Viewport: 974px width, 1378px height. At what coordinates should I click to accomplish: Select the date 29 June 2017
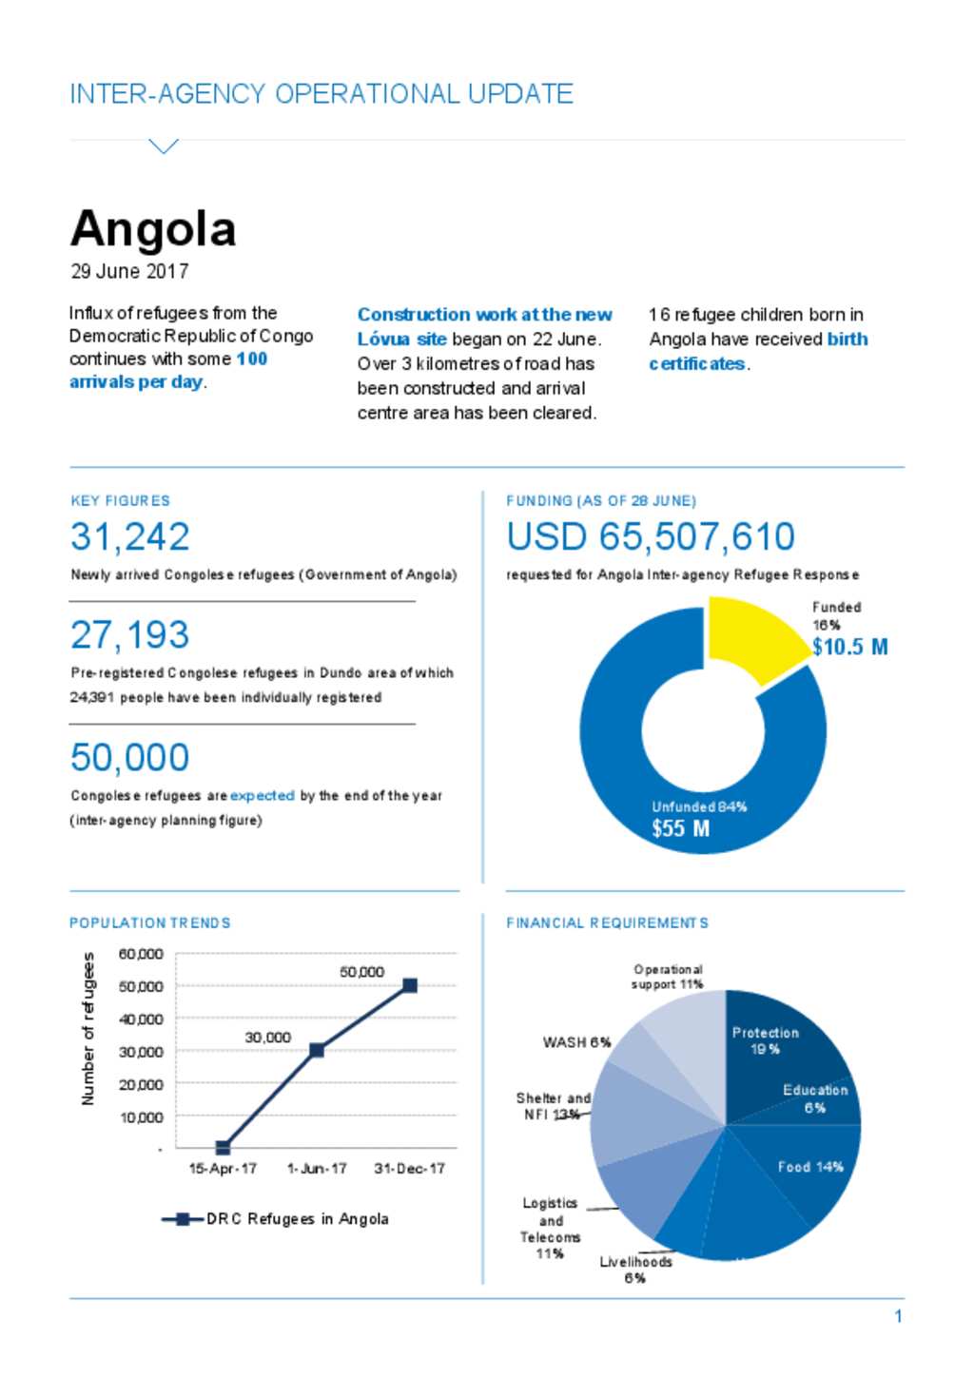pos(129,271)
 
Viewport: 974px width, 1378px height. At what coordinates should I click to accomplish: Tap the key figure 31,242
pos(129,536)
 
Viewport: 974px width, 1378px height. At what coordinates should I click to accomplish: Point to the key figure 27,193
pos(129,634)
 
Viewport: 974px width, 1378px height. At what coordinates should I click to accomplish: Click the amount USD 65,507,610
pos(651,536)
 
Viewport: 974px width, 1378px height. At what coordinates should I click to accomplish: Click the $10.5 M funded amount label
pos(849,647)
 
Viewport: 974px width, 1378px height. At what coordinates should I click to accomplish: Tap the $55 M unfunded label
pos(680,828)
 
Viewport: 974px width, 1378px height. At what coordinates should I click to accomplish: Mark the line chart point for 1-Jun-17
pos(316,1050)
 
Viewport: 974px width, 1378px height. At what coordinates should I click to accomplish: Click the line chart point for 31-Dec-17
pos(410,985)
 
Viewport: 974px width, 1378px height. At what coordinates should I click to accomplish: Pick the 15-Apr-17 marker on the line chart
pos(223,1148)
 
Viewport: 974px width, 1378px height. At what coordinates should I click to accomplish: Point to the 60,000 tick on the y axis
pos(141,954)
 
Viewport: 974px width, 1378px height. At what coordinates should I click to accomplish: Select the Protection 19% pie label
pos(766,1041)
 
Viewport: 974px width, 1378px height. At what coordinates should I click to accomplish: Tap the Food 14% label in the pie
pos(810,1167)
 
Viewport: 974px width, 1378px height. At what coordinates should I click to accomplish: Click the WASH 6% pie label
pos(576,1042)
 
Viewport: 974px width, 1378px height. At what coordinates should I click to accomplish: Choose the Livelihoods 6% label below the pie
pos(635,1270)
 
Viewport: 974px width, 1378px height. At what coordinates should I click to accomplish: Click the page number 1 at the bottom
pos(898,1316)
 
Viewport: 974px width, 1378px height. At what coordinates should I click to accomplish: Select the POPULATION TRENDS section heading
pos(150,922)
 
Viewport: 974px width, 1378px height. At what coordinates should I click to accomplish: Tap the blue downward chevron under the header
pos(164,146)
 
